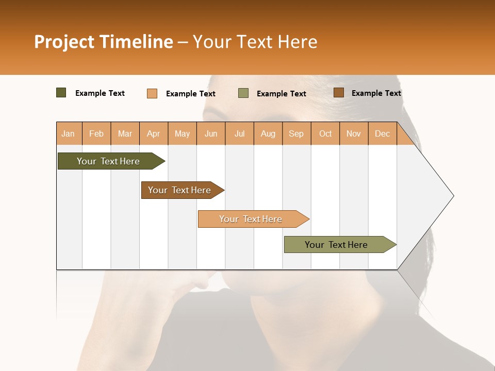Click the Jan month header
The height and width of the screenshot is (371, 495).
coord(69,133)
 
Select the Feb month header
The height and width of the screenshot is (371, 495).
coord(96,133)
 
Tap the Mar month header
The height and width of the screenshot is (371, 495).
coord(125,133)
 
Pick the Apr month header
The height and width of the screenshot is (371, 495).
coord(154,133)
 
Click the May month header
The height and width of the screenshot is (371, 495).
coord(182,133)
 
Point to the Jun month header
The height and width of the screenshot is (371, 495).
coord(211,133)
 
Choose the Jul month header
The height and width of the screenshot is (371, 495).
coord(239,133)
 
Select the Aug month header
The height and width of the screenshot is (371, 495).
coord(268,133)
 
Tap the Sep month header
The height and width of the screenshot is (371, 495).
coord(296,133)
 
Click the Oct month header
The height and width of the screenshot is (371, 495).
coord(325,133)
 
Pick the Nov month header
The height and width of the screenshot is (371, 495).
coord(354,133)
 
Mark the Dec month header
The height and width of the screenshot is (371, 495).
coord(383,133)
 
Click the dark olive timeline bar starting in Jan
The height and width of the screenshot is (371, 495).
coord(109,161)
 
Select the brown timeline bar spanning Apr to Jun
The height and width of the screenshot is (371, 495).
coord(180,190)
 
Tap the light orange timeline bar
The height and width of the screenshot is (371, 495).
coord(251,219)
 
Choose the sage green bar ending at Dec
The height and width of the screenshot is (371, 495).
coord(337,245)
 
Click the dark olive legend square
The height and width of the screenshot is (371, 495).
coord(61,93)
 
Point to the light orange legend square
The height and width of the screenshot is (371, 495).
coord(152,93)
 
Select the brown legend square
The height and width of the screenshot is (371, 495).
coord(339,93)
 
